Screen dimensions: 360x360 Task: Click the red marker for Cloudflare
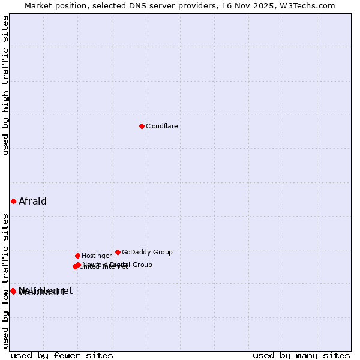142,126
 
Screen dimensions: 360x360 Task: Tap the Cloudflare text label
162,127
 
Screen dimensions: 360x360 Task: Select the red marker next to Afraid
13,201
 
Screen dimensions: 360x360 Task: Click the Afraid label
32,202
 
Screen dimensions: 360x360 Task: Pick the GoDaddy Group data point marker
118,252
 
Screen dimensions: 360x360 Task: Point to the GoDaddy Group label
147,253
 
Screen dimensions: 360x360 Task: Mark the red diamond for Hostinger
77,256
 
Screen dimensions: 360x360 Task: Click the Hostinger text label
97,256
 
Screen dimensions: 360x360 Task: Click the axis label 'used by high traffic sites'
6,85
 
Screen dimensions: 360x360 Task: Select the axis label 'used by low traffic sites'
6,280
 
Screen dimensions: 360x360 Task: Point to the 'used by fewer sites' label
62,356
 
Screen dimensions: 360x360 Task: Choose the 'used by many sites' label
301,356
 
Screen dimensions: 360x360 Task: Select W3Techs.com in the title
310,5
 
